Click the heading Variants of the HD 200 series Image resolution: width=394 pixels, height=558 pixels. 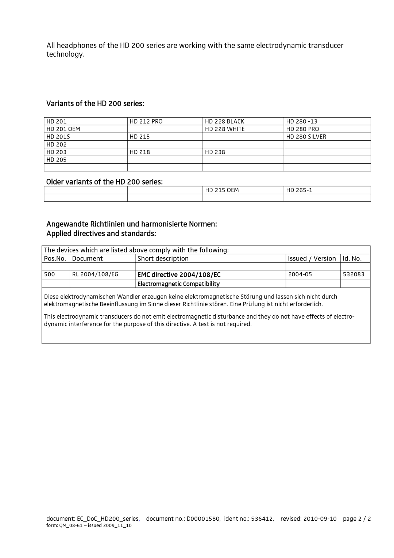point(95,104)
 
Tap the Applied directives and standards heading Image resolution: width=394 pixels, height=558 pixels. point(101,234)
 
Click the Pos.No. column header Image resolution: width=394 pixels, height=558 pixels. point(55,258)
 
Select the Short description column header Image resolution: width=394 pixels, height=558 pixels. point(163,258)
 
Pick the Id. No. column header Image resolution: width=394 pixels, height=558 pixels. point(352,258)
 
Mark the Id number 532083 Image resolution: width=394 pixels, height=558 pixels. point(354,274)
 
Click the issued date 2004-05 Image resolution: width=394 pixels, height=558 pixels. point(300,274)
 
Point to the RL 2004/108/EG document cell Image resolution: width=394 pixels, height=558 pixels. point(95,274)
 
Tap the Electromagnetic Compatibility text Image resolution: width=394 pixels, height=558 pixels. point(178,284)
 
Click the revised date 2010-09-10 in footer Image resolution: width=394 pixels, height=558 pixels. point(319,519)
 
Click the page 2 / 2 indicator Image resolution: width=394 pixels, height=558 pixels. point(357,519)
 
